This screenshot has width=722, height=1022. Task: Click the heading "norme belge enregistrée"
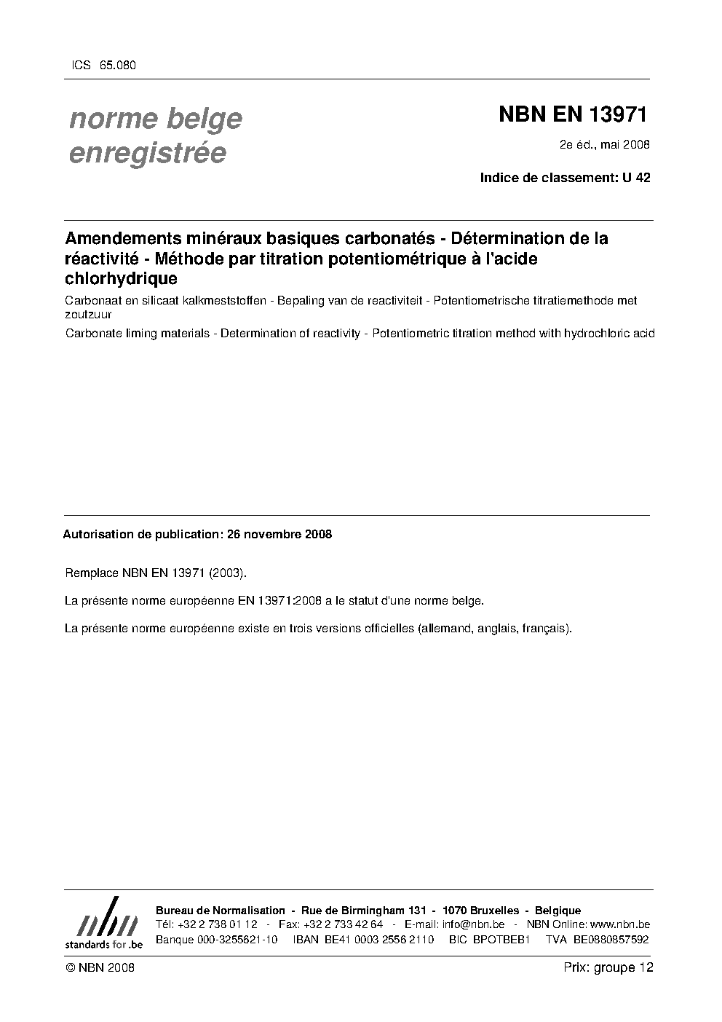click(155, 135)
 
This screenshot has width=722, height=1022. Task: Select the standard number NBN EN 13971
click(572, 115)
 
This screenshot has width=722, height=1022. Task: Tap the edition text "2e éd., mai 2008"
click(604, 144)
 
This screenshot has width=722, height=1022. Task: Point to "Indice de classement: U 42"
click(565, 177)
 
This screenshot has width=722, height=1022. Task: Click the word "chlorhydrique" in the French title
click(122, 278)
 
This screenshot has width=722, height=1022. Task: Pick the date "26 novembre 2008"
click(279, 534)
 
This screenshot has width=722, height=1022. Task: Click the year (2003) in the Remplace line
click(228, 573)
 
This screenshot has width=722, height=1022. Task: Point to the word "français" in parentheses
click(545, 628)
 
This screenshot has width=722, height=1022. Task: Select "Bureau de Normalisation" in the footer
click(221, 911)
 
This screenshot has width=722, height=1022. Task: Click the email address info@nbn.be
click(473, 924)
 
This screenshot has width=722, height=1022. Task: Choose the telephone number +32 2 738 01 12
click(218, 924)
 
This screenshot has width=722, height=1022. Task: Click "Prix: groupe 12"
click(608, 967)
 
